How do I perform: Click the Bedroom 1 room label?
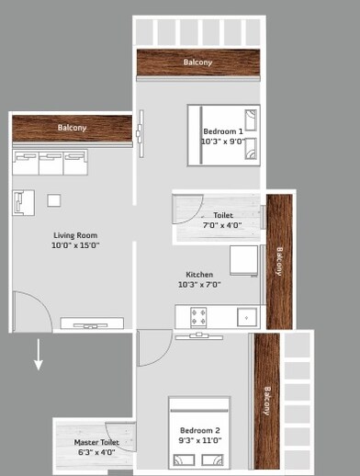(223, 132)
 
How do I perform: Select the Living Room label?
(75, 235)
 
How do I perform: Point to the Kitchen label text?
(199, 275)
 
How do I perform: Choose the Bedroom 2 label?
(199, 431)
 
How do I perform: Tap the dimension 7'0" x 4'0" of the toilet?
(222, 225)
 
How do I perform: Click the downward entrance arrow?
(39, 355)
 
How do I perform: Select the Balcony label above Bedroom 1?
(197, 62)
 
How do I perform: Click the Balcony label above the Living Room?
(72, 128)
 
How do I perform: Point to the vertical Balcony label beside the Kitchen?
(279, 260)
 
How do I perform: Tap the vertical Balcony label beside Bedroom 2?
(267, 400)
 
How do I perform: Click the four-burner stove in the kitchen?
(198, 317)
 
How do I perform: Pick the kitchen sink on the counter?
(246, 317)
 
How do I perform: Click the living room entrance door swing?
(30, 311)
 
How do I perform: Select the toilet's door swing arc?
(188, 210)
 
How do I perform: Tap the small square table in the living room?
(54, 200)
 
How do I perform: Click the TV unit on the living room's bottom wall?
(92, 323)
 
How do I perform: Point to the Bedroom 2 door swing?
(152, 348)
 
